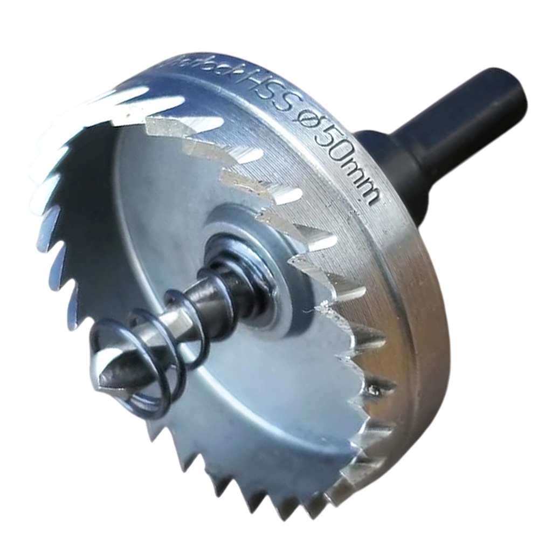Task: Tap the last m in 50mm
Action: [x=370, y=196]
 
